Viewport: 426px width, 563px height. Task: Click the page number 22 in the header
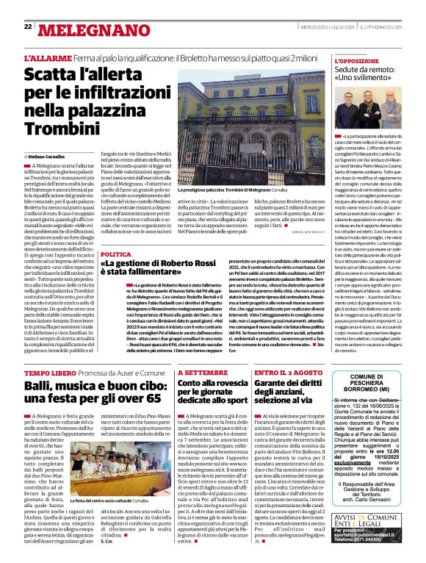click(28, 26)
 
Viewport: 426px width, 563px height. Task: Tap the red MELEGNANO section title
click(84, 29)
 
